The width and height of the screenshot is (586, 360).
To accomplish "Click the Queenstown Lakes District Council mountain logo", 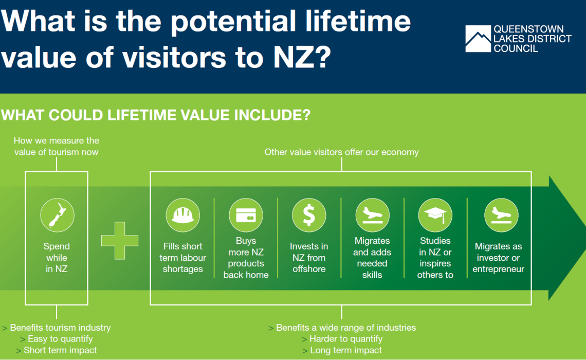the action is click(x=478, y=39).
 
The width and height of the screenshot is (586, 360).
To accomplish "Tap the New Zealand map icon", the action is click(x=57, y=215).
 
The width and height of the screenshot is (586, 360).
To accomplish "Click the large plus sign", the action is click(x=120, y=241).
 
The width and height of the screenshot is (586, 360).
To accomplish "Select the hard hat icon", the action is click(x=183, y=215).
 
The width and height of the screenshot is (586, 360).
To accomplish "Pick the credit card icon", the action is click(x=246, y=215).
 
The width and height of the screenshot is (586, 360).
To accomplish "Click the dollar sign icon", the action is click(x=309, y=215).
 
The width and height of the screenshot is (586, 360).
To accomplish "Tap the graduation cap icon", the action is click(x=435, y=215).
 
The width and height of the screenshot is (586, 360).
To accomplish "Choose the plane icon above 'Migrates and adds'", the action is click(x=372, y=215).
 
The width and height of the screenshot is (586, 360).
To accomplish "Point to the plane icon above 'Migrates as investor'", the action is click(x=501, y=215).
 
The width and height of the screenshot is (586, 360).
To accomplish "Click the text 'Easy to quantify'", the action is click(x=60, y=339).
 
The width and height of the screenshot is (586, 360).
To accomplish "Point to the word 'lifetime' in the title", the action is click(x=358, y=21).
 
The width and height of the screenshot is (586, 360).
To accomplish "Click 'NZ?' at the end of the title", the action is click(x=302, y=57).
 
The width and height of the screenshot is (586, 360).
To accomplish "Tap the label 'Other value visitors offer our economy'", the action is click(x=342, y=152).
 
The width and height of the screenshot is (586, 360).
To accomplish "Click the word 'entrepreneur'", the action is click(x=498, y=269).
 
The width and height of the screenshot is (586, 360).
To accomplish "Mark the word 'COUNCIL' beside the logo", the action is click(x=516, y=48).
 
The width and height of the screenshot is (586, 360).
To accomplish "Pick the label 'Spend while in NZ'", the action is click(x=57, y=258).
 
